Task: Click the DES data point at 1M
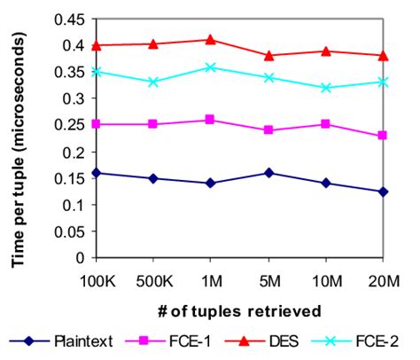[210, 39]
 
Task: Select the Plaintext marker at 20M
[383, 192]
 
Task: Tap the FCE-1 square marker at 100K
[96, 124]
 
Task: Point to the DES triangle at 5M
[268, 55]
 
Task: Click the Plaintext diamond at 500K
[153, 178]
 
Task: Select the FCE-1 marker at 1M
[210, 119]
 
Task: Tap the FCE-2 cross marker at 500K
[153, 82]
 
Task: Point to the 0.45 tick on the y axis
[66, 19]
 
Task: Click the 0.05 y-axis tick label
[66, 231]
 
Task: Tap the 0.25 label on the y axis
[66, 125]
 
